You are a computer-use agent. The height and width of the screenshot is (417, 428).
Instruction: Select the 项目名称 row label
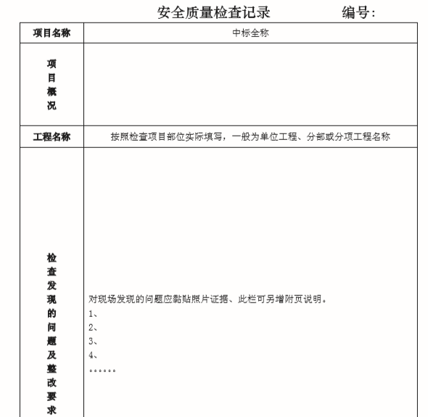(x=52, y=33)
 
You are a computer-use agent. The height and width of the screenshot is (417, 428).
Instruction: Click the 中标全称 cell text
(x=250, y=33)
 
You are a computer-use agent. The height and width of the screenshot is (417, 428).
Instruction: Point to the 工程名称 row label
(x=52, y=137)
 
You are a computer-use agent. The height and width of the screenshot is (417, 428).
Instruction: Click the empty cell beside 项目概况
(x=250, y=84)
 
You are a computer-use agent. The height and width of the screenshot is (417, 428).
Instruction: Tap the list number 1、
(x=93, y=313)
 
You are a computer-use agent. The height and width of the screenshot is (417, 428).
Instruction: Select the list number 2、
(x=93, y=327)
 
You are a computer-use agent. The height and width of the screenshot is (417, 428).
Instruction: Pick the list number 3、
(x=93, y=341)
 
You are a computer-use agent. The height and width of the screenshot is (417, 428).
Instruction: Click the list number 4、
(x=93, y=355)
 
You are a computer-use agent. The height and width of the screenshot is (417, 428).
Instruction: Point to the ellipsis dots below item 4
(x=102, y=371)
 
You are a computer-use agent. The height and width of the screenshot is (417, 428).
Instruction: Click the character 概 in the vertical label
(x=52, y=92)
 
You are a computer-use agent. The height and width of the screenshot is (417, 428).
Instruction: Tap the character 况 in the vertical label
(x=52, y=107)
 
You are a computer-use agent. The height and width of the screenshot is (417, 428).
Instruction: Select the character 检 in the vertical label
(x=52, y=257)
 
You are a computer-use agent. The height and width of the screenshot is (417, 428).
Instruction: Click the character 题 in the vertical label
(x=52, y=341)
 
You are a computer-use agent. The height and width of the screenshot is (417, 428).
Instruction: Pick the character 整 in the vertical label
(x=52, y=368)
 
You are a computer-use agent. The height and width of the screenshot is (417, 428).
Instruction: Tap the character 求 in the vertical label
(x=52, y=410)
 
